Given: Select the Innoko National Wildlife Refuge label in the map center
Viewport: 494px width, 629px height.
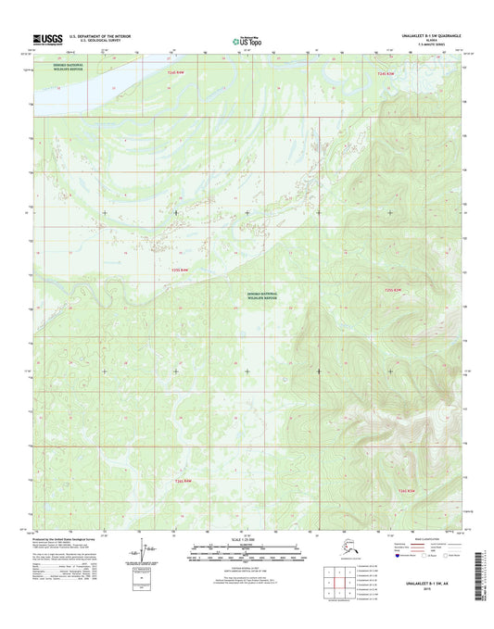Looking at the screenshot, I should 263,295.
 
